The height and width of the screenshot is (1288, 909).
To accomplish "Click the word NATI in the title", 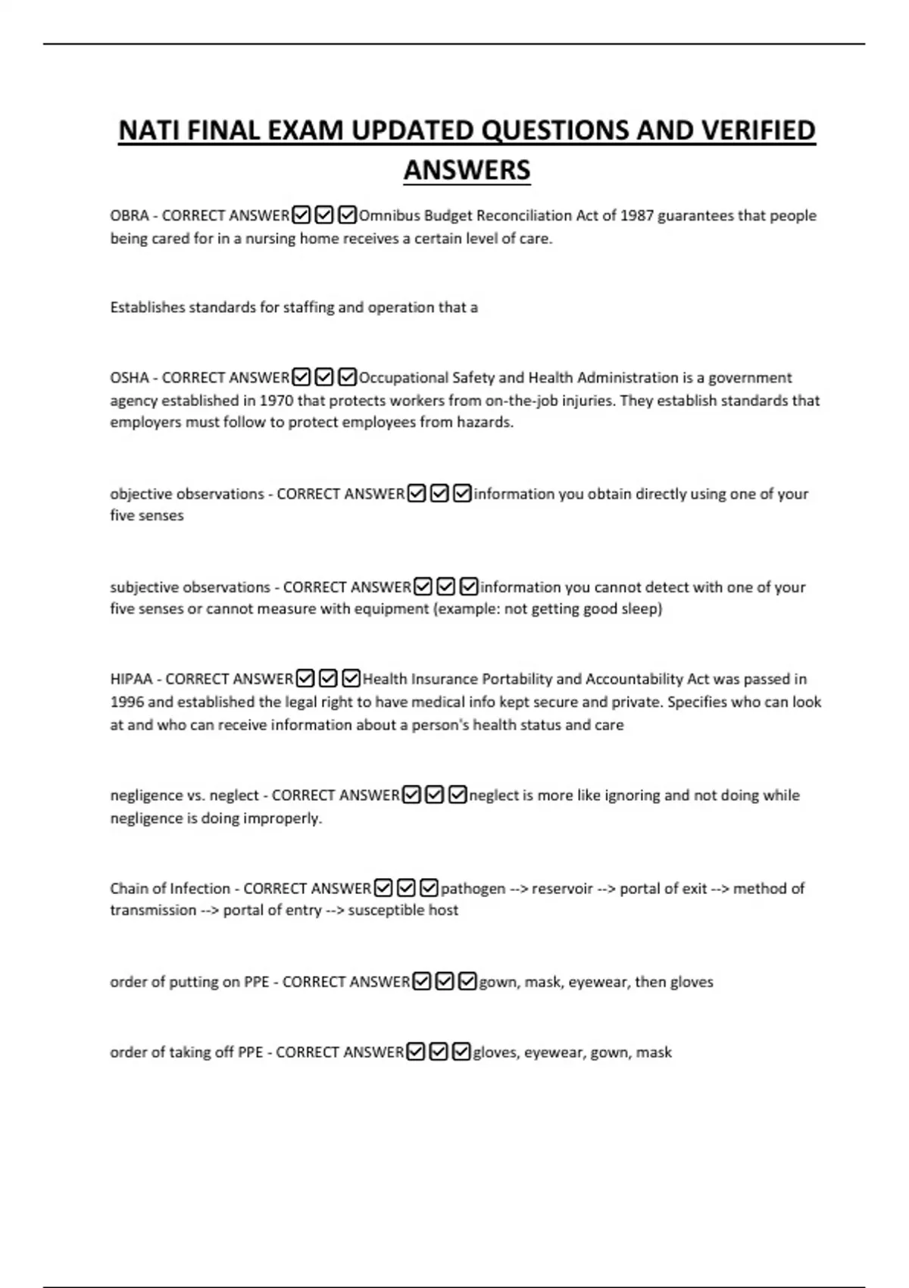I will (x=149, y=131).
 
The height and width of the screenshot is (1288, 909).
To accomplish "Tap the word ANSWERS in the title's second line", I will (x=467, y=170).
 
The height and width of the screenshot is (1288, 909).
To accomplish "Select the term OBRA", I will (x=129, y=216).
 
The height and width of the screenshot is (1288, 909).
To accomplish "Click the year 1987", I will (x=636, y=216).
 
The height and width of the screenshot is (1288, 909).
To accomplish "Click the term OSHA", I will (x=129, y=378).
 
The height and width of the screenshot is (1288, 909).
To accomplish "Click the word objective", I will (x=141, y=494).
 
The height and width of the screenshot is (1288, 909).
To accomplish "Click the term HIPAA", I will (x=131, y=679).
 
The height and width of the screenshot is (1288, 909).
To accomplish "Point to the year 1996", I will (x=127, y=702).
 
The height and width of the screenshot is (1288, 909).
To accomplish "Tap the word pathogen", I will (x=473, y=888).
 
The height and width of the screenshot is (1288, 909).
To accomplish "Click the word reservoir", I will (x=561, y=888).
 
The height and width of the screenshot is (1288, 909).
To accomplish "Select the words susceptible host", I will (x=403, y=910).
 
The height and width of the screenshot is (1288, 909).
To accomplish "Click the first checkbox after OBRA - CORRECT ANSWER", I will (x=301, y=216).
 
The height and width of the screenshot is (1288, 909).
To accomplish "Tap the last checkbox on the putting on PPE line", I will (x=468, y=982).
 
